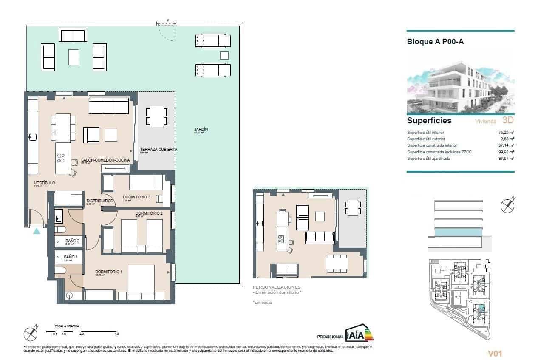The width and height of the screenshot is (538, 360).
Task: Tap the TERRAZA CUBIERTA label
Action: [159, 150]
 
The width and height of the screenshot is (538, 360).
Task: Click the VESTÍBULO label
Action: [45, 183]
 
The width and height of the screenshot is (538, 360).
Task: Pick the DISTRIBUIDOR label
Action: [99, 201]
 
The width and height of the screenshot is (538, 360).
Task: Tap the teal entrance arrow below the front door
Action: [37, 231]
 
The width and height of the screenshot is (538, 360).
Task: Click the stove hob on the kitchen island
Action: [61, 158]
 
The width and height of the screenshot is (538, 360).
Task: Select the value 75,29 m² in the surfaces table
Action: [506, 133]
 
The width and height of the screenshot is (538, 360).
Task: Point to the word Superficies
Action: [429, 121]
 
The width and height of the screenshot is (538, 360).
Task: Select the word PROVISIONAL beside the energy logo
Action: [330, 337]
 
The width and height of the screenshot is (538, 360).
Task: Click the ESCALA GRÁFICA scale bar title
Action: [67, 326]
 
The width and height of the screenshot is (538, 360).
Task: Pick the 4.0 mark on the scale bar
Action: [116, 334]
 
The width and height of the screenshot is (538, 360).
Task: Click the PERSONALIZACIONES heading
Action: [276, 287]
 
